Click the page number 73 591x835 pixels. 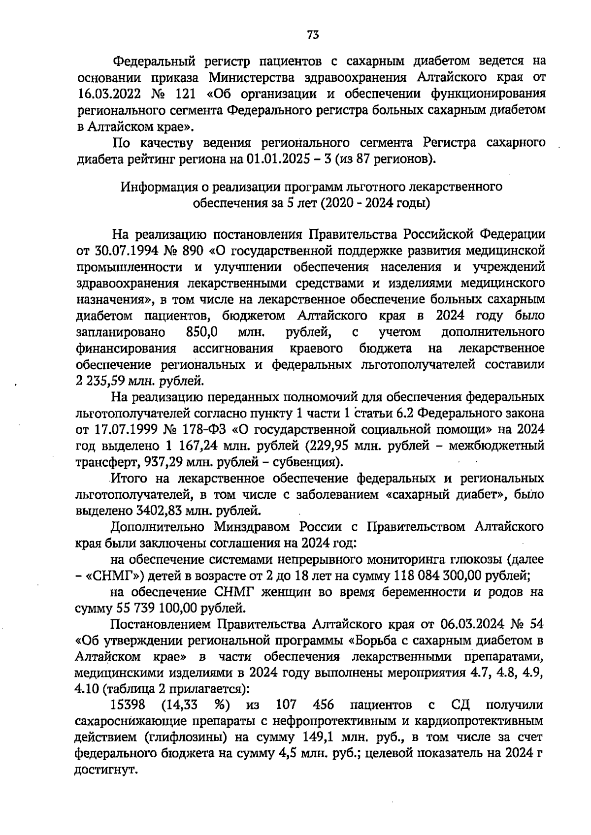(x=313, y=35)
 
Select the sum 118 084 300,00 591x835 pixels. (x=439, y=576)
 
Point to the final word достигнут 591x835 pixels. (x=104, y=770)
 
